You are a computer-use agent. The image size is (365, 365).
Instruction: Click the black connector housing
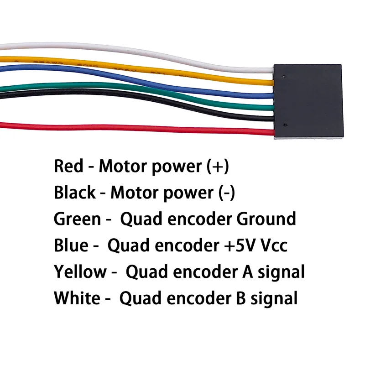(308, 101)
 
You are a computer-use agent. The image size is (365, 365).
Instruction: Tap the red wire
(137, 128)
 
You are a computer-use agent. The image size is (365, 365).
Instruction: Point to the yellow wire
(137, 68)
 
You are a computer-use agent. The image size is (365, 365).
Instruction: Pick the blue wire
(137, 79)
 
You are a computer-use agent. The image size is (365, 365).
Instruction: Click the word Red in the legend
(68, 166)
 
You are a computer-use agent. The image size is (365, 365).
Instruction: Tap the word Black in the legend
(75, 192)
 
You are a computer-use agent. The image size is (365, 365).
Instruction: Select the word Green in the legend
(77, 219)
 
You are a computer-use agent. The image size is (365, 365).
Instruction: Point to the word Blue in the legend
(71, 245)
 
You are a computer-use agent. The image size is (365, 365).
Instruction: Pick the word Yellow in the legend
(80, 271)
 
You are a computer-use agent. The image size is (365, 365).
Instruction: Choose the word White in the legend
(77, 298)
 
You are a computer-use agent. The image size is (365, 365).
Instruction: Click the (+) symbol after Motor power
(218, 167)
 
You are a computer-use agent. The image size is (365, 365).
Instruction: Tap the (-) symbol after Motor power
(226, 193)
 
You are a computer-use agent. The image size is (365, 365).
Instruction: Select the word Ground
(266, 219)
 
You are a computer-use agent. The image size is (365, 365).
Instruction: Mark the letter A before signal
(248, 271)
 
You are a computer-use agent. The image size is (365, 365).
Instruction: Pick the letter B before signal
(241, 298)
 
